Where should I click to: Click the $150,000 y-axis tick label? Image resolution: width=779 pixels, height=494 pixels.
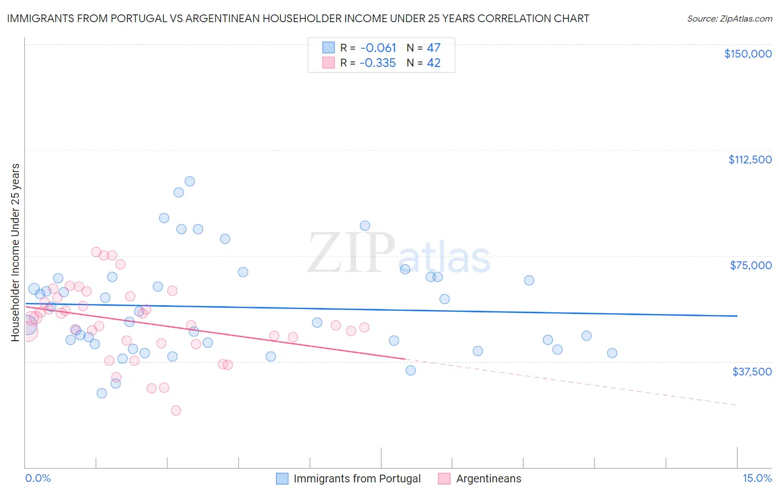click(747, 54)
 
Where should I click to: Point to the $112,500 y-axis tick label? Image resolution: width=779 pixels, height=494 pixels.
click(750, 159)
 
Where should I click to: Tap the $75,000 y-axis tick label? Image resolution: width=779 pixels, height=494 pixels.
click(750, 265)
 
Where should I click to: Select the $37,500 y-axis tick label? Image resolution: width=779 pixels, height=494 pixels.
click(751, 372)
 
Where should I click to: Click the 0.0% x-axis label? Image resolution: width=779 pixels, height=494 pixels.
click(38, 478)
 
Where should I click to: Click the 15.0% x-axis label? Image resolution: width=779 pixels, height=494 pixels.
click(756, 478)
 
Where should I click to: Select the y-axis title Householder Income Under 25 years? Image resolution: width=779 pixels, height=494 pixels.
click(16, 252)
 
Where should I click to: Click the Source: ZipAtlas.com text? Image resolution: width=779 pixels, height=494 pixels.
click(729, 19)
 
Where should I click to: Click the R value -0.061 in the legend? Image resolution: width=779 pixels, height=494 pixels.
click(378, 48)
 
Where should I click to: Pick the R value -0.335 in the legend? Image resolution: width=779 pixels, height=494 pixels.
click(378, 63)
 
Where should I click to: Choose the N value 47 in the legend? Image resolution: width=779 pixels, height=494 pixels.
click(433, 48)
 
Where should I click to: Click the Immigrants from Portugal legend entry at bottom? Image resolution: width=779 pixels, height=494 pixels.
click(357, 478)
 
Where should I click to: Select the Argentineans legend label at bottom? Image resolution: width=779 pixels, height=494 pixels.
click(488, 478)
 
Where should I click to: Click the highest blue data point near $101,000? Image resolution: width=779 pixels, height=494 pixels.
click(189, 181)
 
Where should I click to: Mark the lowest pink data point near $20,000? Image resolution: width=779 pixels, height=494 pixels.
click(176, 410)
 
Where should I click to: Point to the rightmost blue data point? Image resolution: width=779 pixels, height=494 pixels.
click(612, 353)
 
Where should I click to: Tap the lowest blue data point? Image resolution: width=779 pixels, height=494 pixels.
click(102, 393)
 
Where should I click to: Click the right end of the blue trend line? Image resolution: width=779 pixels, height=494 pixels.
click(737, 316)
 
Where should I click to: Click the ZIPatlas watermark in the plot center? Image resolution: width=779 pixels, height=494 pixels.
click(399, 254)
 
